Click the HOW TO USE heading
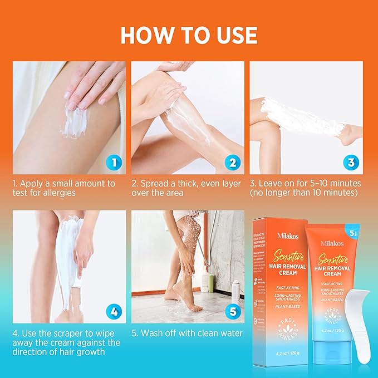click(189, 35)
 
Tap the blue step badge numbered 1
click(113, 163)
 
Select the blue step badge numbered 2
click(232, 163)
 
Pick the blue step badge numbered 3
click(350, 163)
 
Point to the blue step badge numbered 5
click(232, 312)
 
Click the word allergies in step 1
click(60, 193)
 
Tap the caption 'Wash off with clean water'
click(187, 333)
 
